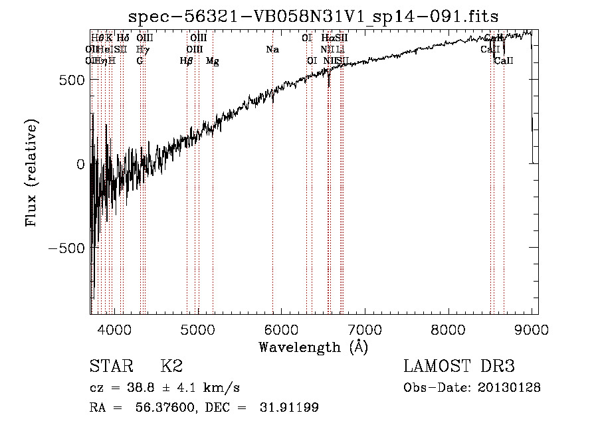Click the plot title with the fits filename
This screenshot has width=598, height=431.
(x=314, y=16)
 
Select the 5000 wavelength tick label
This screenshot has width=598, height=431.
(x=198, y=329)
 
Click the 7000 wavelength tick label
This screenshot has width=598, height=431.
(x=365, y=329)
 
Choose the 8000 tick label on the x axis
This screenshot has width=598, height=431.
(x=449, y=329)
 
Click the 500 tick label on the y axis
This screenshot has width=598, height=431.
(x=69, y=80)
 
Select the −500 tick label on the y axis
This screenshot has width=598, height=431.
(x=64, y=247)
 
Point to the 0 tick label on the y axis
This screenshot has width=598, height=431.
(x=80, y=163)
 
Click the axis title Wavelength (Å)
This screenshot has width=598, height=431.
(x=313, y=347)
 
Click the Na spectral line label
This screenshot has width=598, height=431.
(x=272, y=50)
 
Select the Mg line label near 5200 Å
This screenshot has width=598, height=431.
(x=212, y=61)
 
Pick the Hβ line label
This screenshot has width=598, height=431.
(x=187, y=61)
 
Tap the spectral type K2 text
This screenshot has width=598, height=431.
(x=171, y=367)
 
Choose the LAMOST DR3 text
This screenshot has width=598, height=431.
(x=459, y=367)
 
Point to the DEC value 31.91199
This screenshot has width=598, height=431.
(x=287, y=408)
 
